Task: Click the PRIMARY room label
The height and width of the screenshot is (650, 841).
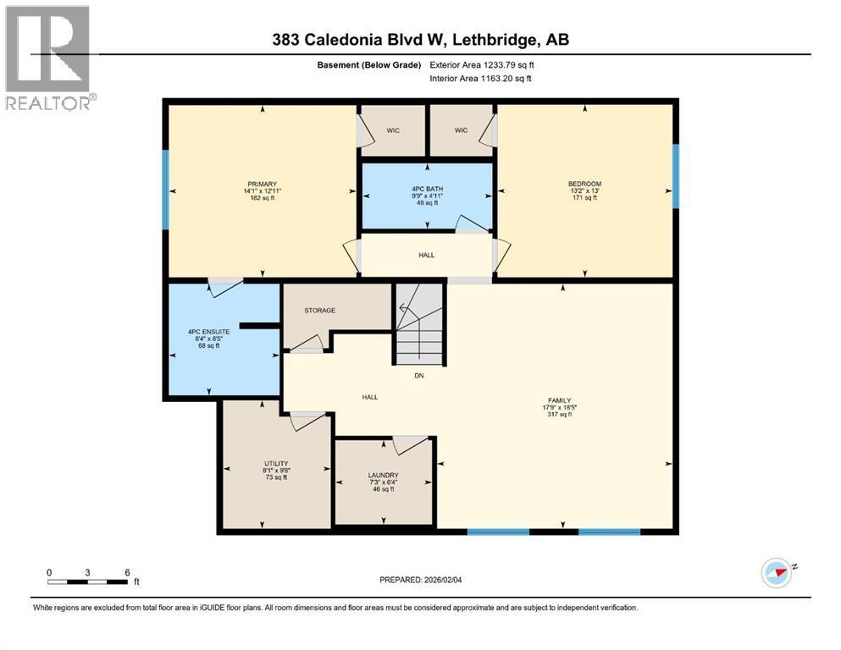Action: pos(262,184)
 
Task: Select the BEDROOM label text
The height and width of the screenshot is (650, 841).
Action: pos(584,184)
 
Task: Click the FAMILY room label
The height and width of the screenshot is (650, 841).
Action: pos(559,400)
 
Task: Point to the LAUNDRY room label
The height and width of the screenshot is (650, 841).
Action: pos(383,475)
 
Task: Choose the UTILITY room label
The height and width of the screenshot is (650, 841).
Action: pos(276,463)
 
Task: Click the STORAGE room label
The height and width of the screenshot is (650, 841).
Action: pos(320,311)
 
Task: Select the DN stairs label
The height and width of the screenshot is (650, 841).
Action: pos(418,376)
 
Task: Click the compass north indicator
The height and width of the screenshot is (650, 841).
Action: pos(777,572)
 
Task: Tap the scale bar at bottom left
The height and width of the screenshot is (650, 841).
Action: pos(88,581)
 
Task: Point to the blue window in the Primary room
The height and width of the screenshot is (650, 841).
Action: pos(166,189)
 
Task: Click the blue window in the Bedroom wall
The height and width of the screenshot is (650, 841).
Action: pos(676,176)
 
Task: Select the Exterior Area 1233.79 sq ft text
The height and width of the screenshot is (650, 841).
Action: pos(482,64)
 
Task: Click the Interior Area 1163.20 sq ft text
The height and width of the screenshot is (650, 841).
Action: pos(482,79)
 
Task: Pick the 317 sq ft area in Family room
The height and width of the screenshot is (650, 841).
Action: pos(559,415)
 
